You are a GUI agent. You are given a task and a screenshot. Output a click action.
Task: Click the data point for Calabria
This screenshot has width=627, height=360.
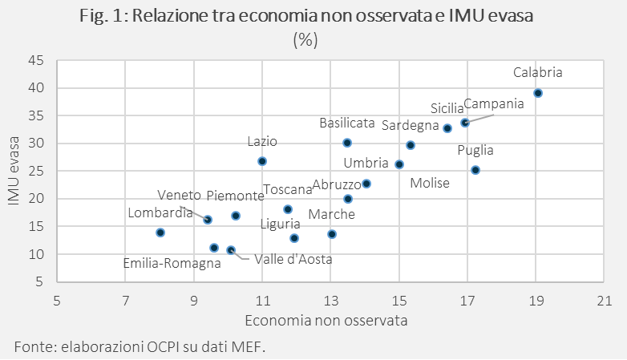click(x=538, y=93)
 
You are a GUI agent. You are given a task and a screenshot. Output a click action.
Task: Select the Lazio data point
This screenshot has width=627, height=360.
click(x=261, y=161)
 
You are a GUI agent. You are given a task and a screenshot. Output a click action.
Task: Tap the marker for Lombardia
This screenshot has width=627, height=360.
click(x=160, y=233)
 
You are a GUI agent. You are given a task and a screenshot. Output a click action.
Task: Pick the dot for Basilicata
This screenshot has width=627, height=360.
click(x=347, y=143)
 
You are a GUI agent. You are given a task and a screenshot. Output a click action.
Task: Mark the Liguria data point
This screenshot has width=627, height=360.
click(x=294, y=238)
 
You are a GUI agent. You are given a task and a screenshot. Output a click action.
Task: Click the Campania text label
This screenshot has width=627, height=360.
click(x=493, y=103)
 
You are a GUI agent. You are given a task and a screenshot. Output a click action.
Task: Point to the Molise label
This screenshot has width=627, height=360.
click(x=430, y=183)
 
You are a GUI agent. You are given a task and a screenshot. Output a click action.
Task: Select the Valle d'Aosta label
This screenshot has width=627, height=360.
click(x=293, y=259)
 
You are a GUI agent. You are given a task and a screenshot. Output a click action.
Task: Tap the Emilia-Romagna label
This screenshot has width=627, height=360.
click(x=172, y=262)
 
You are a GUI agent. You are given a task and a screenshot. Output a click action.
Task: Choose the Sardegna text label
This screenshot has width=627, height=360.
click(x=410, y=125)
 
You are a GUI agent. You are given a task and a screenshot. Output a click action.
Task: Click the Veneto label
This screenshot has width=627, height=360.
click(x=179, y=195)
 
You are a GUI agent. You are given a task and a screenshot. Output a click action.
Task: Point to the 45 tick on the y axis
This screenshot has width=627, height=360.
click(x=35, y=60)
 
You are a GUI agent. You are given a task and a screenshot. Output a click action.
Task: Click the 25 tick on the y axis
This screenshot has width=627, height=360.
click(x=35, y=171)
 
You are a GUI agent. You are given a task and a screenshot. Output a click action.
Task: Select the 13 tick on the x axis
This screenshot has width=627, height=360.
click(x=331, y=301)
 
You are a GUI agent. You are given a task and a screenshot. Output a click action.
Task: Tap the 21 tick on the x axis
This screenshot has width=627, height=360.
click(x=605, y=301)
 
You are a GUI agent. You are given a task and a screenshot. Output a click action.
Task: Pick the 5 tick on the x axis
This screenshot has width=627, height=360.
click(x=57, y=301)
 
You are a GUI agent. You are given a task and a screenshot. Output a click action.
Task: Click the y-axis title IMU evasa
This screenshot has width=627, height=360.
click(x=14, y=171)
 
